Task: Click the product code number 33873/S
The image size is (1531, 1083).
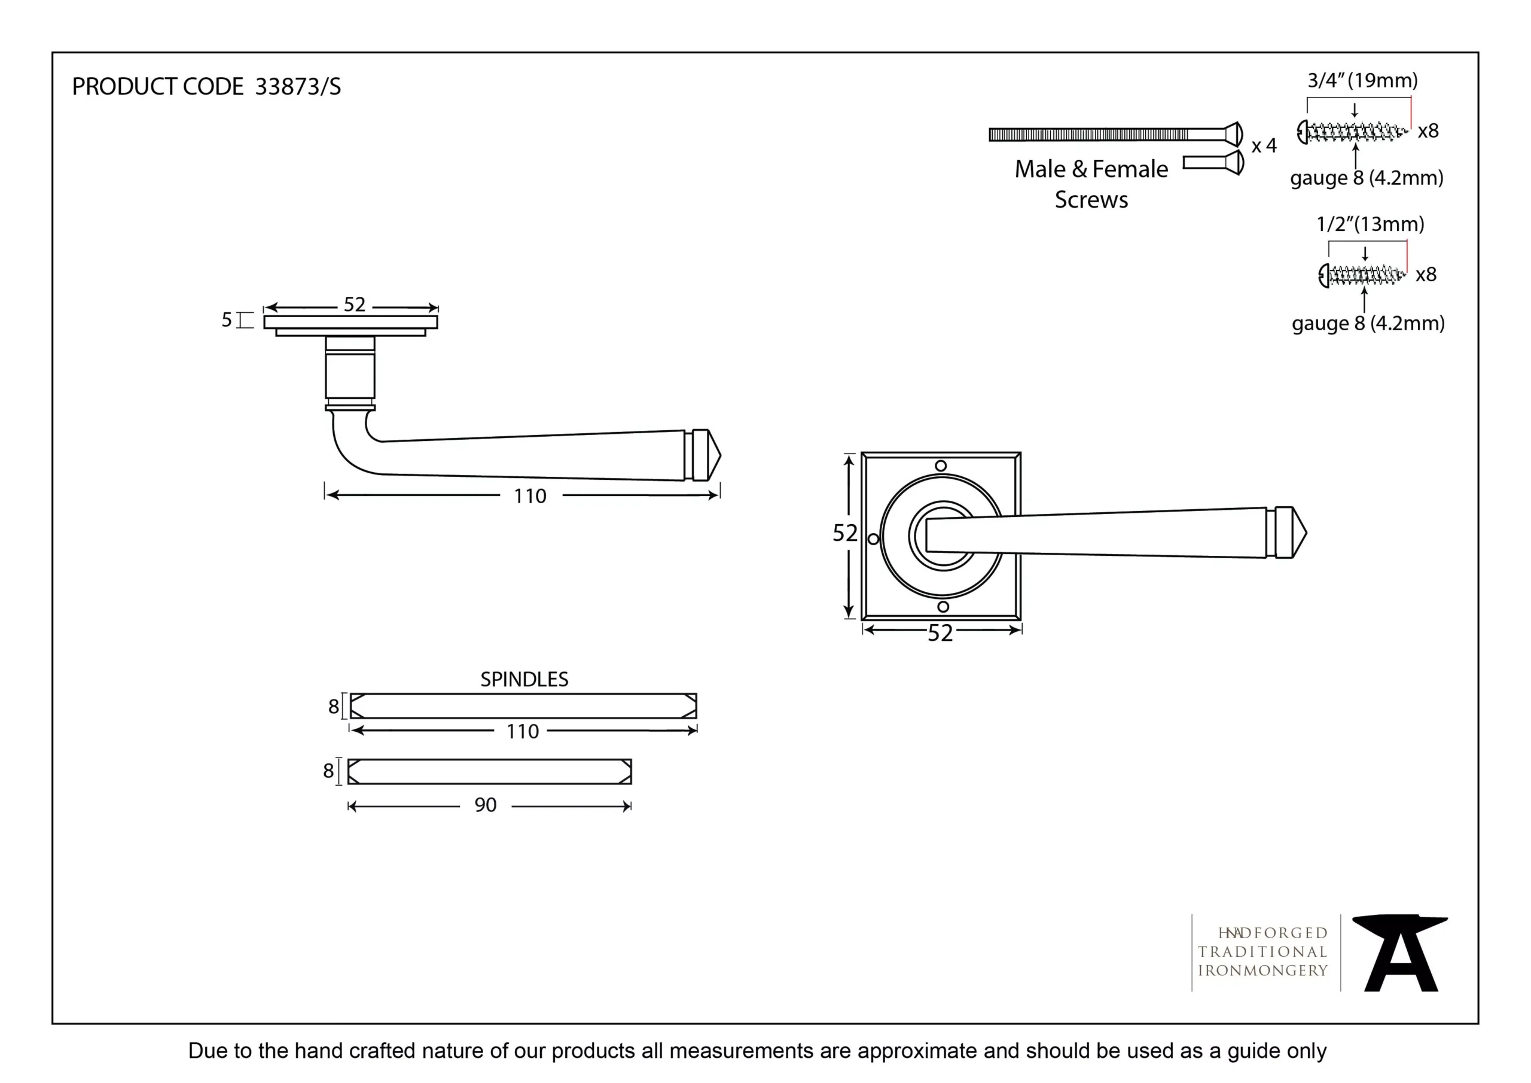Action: pos(297,87)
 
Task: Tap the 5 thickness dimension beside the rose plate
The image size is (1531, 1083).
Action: pos(227,320)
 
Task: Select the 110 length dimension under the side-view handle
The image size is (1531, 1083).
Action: pos(530,496)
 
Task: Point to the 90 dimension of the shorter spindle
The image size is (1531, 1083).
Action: pos(486,805)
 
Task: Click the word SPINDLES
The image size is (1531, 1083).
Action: pos(524,679)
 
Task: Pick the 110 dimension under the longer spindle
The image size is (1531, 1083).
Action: pos(522,731)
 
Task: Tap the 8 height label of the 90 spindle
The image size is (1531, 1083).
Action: pos(328,771)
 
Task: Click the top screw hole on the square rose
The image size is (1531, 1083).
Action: pos(941,466)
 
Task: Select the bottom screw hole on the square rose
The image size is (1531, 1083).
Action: pos(943,607)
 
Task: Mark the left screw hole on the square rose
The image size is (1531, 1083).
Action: pos(873,539)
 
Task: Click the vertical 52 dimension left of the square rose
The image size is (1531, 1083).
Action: pos(844,533)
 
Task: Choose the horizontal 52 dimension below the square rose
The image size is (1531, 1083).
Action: pos(940,632)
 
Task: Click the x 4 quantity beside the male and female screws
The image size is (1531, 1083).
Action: pos(1264,145)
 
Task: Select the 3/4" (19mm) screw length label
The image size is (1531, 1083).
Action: pos(1362,81)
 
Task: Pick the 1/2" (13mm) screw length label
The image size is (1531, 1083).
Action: pos(1370,224)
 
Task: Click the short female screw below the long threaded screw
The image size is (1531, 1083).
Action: pos(1213,162)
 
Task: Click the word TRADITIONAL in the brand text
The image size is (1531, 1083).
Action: pos(1262,951)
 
